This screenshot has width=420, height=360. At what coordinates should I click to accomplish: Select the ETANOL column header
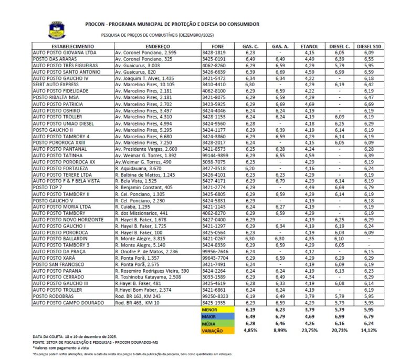tap(309, 47)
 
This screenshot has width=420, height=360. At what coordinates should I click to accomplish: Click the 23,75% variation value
tap(309, 331)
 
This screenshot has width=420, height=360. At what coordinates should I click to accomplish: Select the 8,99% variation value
tap(279, 331)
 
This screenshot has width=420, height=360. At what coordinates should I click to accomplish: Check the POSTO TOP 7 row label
tap(47, 187)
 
